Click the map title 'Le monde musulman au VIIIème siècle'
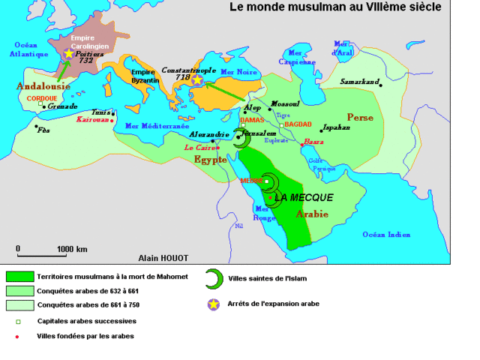click(x=334, y=7)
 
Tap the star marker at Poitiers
click(x=69, y=53)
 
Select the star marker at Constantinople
click(x=196, y=79)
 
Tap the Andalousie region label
click(x=43, y=86)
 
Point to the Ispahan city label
click(x=336, y=127)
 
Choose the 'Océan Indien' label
click(x=386, y=235)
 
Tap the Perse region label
click(x=360, y=117)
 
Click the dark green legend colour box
click(x=20, y=277)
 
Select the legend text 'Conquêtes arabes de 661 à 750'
click(x=90, y=304)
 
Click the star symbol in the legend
click(x=216, y=304)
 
